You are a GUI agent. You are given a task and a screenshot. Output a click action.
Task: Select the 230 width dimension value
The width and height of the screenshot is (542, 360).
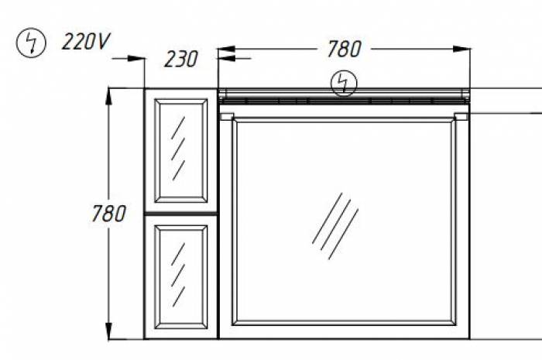tap(181, 58)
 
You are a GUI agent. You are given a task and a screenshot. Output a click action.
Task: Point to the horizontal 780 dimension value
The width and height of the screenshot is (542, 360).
tap(344, 49)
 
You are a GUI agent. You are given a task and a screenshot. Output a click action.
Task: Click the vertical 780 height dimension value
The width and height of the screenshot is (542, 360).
tap(108, 213)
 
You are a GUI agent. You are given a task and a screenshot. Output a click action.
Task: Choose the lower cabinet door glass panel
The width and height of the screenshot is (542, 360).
tap(182, 276)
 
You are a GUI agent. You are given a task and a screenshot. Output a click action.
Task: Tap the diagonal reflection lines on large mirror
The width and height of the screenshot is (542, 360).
tap(334, 225)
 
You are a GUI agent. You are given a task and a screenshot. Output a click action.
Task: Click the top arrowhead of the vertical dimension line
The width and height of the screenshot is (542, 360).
tap(108, 93)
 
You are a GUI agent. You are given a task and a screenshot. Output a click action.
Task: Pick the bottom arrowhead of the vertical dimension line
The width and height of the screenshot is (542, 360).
tap(108, 334)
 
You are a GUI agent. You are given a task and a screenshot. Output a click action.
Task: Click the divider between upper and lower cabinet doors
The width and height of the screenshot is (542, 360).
tap(181, 211)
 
